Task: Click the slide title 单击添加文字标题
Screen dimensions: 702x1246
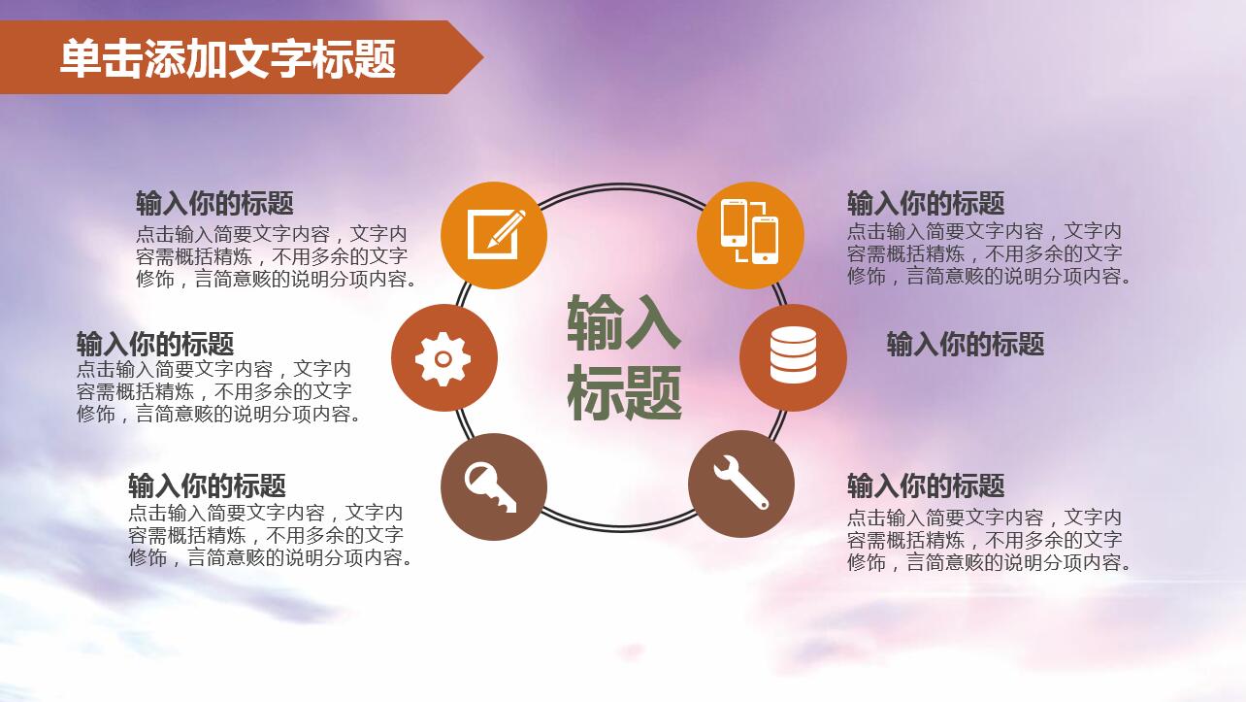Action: (228, 58)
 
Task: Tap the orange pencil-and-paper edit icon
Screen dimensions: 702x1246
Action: (494, 235)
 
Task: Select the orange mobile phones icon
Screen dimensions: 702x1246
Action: (750, 235)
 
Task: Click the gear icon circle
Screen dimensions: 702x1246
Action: (443, 358)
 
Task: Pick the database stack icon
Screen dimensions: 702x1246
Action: (793, 356)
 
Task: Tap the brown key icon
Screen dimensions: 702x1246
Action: (493, 486)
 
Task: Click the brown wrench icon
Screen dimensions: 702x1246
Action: (741, 484)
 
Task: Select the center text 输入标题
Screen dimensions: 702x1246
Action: (624, 358)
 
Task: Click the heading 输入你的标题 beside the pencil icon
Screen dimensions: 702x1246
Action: (214, 204)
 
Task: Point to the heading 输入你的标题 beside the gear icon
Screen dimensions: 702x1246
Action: (155, 344)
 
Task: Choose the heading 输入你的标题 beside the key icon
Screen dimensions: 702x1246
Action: (207, 485)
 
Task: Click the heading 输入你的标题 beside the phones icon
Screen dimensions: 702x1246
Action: (926, 204)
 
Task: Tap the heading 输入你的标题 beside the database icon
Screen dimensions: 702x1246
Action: (965, 344)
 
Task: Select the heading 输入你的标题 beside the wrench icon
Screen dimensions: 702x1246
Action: (926, 485)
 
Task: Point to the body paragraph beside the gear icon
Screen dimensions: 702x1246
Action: (218, 392)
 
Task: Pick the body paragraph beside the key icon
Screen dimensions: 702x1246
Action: (270, 535)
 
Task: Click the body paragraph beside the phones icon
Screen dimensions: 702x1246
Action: (988, 253)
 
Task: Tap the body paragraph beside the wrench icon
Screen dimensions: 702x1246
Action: (988, 540)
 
